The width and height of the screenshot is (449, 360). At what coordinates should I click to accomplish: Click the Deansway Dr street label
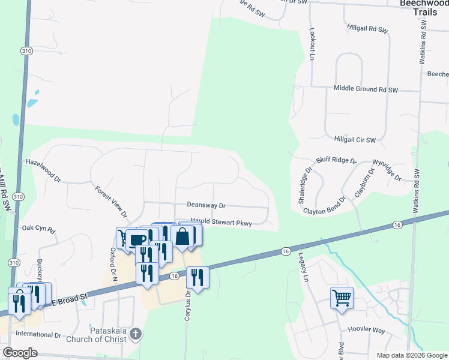pyautogui.click(x=205, y=205)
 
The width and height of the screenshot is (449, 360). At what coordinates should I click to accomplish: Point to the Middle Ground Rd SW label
pyautogui.click(x=366, y=89)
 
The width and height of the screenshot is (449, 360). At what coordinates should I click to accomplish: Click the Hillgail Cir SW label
pyautogui.click(x=355, y=140)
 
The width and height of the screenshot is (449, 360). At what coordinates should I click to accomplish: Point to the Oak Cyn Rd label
pyautogui.click(x=38, y=229)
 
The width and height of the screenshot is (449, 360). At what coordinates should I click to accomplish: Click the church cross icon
pyautogui.click(x=136, y=334)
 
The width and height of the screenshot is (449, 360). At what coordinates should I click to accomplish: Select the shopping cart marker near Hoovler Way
pyautogui.click(x=342, y=297)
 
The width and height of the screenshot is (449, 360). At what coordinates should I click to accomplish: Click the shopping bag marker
pyautogui.click(x=182, y=235)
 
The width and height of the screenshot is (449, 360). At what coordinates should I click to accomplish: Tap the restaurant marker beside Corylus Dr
pyautogui.click(x=197, y=277)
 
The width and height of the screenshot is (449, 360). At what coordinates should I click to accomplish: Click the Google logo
pyautogui.click(x=20, y=353)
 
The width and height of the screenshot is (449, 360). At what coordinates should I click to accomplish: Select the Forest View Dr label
pyautogui.click(x=111, y=201)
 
